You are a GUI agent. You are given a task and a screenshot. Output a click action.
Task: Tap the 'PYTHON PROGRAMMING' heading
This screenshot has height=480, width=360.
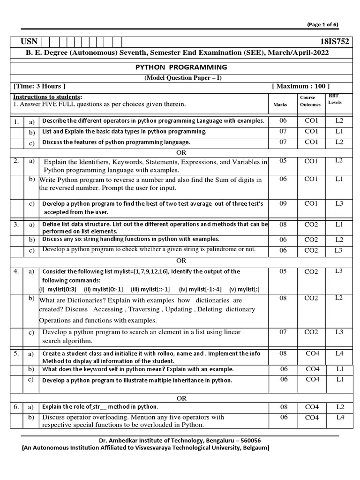(x=181, y=67)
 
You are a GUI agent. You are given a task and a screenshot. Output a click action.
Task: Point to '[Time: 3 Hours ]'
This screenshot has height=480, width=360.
(x=39, y=86)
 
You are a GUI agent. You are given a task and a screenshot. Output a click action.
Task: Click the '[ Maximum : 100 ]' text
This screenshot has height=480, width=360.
(x=300, y=86)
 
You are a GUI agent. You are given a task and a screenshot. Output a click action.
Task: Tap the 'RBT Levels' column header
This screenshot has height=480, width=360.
(x=335, y=98)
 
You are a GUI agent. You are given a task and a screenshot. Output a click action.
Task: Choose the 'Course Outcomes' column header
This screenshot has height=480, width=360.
(x=310, y=101)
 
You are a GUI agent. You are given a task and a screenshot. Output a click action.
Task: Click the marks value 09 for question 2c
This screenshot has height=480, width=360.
(x=283, y=204)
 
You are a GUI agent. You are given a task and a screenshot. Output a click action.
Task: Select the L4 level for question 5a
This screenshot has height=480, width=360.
(x=339, y=353)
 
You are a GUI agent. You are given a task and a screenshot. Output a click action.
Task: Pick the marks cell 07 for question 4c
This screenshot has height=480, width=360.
(x=283, y=332)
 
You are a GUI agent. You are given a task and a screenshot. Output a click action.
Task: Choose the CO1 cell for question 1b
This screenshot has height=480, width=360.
(x=311, y=131)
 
